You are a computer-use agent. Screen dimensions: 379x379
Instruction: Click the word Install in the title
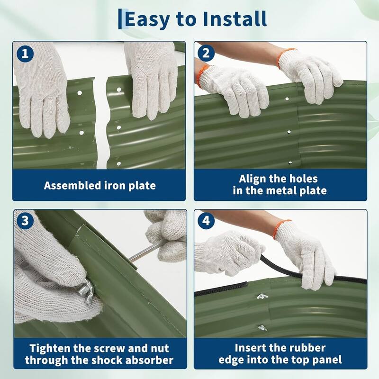[x=235, y=18]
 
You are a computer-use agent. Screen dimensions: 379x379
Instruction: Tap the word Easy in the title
[x=147, y=20]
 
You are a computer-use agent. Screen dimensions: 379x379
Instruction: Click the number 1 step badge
[x=25, y=54]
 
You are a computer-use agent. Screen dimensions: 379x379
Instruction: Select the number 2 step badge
[x=206, y=53]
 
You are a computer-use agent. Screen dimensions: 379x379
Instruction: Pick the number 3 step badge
[x=25, y=221]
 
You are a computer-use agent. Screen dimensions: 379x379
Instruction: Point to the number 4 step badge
[x=206, y=221]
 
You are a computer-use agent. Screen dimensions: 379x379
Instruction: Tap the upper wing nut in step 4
[x=262, y=296]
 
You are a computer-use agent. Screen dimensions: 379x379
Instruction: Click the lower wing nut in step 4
[x=262, y=328]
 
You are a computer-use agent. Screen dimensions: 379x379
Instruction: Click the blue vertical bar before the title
[x=120, y=19]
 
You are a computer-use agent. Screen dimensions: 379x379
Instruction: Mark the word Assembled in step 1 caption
[x=72, y=186]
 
